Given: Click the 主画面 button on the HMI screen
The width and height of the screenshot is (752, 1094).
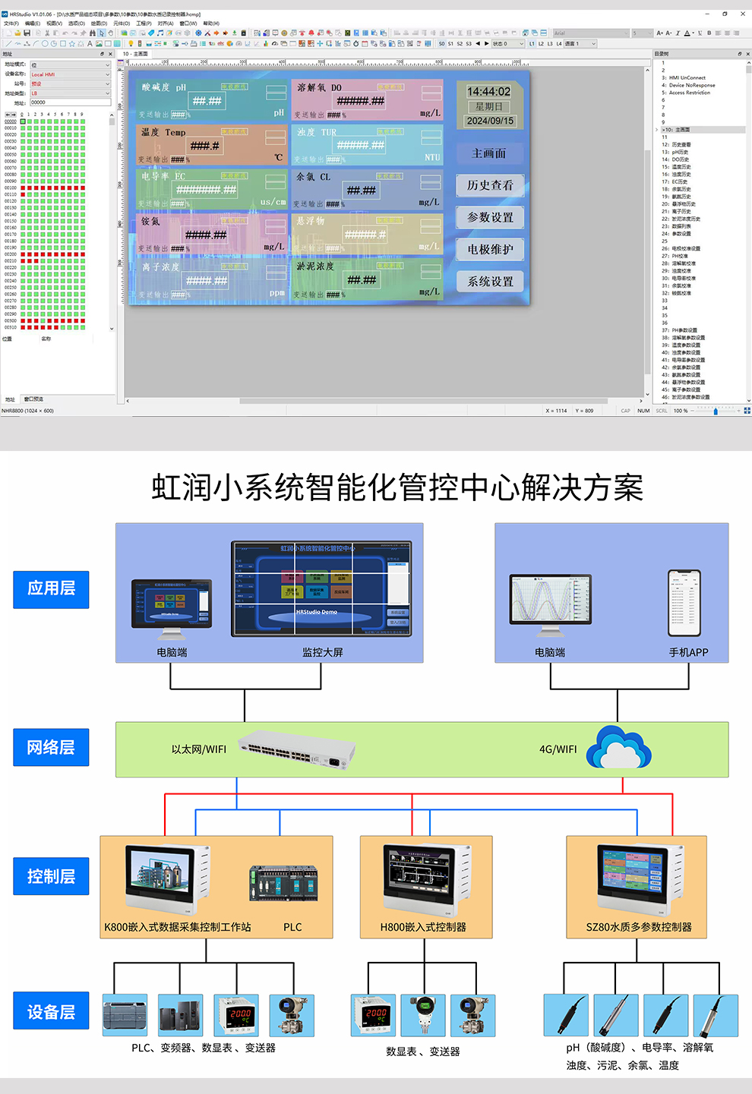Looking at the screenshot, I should click(x=490, y=153).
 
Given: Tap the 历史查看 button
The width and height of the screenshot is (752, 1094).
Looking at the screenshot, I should click(x=490, y=185).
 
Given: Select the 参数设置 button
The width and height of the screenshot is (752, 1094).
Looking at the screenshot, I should click(x=490, y=217).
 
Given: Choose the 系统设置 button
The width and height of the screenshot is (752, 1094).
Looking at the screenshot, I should click(x=490, y=282).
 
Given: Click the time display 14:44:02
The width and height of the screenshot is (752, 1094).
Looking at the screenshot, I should click(x=488, y=92).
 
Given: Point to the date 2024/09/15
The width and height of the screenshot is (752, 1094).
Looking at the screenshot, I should click(x=490, y=121).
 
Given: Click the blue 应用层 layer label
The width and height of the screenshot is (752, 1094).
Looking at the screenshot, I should click(x=51, y=589).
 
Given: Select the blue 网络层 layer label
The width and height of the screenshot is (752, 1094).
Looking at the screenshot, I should click(x=51, y=748).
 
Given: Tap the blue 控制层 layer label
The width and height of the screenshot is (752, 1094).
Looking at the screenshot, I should click(x=51, y=877).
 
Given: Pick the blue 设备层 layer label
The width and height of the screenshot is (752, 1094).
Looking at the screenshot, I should click(x=51, y=1012).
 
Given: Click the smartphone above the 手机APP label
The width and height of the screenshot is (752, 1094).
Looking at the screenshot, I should click(x=684, y=604).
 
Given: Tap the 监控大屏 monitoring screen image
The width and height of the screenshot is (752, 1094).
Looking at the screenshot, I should click(x=322, y=589).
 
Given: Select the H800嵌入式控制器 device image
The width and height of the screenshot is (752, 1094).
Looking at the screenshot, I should click(x=426, y=881).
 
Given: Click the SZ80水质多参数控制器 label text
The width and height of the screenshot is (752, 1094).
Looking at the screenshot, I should click(x=639, y=927).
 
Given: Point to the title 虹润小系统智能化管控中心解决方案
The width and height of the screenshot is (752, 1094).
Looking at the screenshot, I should click(x=397, y=487).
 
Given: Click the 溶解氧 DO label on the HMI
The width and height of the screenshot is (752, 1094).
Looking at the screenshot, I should click(x=320, y=88).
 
